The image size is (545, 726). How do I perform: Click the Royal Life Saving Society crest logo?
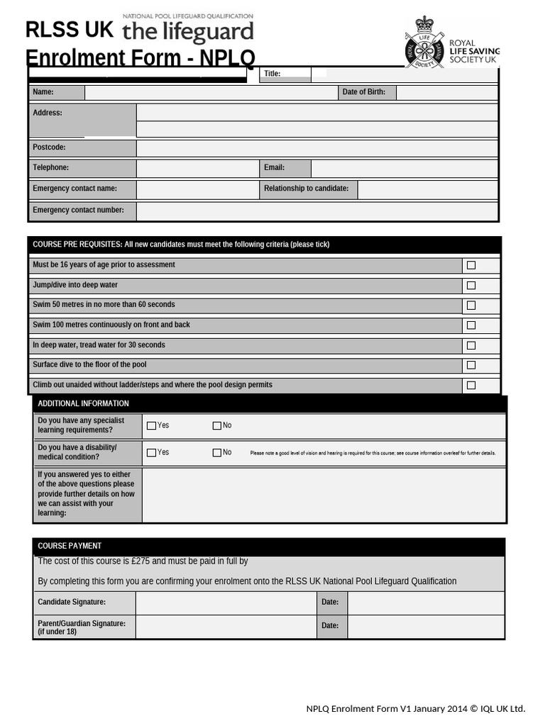point(424,43)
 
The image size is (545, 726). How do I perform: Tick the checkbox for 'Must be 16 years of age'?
point(471,265)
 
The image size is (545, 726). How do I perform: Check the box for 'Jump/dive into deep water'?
point(471,285)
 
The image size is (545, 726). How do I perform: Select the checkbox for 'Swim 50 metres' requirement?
point(471,306)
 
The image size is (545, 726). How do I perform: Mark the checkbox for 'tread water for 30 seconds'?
point(471,346)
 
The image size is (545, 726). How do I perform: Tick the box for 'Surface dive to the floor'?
point(471,366)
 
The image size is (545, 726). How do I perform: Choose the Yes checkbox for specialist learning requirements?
point(151,426)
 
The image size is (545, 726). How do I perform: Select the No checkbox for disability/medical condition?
point(217,453)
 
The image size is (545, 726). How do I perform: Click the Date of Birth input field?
point(446,92)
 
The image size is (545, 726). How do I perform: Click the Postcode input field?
point(316,148)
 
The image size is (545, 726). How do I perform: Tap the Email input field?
point(404,168)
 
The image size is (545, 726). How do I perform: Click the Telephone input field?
point(197,168)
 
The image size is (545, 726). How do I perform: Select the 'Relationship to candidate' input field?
point(427,189)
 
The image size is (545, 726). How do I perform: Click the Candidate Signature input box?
point(225,603)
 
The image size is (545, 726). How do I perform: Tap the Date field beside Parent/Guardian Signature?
point(425,627)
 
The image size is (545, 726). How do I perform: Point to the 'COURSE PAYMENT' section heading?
point(70,546)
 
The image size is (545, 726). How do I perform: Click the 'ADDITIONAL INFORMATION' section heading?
point(83,403)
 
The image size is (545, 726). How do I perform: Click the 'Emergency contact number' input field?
point(316,211)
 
